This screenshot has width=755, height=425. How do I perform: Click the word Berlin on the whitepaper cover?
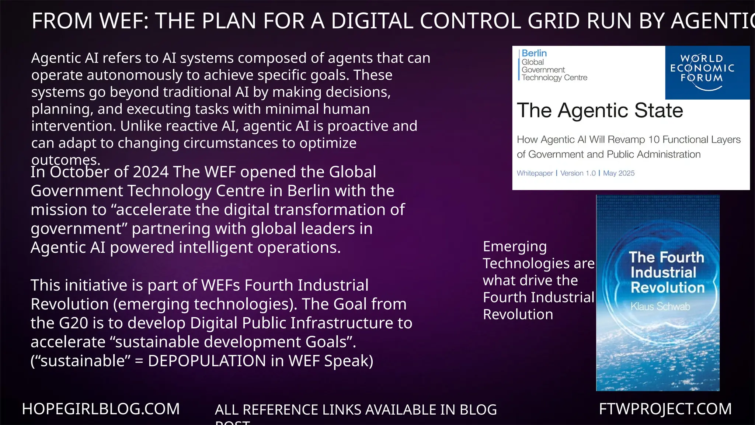click(534, 53)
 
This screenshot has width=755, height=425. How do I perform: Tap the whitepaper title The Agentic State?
click(600, 110)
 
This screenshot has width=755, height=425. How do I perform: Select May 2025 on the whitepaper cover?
click(619, 173)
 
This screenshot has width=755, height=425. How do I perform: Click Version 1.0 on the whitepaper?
click(578, 173)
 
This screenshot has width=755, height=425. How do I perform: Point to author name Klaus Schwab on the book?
click(660, 306)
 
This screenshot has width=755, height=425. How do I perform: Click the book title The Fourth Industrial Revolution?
click(667, 272)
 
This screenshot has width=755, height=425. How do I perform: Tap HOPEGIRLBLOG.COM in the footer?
click(101, 409)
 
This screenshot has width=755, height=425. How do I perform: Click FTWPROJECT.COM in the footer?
click(665, 409)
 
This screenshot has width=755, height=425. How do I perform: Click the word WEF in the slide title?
click(124, 21)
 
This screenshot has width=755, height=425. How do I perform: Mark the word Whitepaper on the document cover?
click(535, 173)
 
